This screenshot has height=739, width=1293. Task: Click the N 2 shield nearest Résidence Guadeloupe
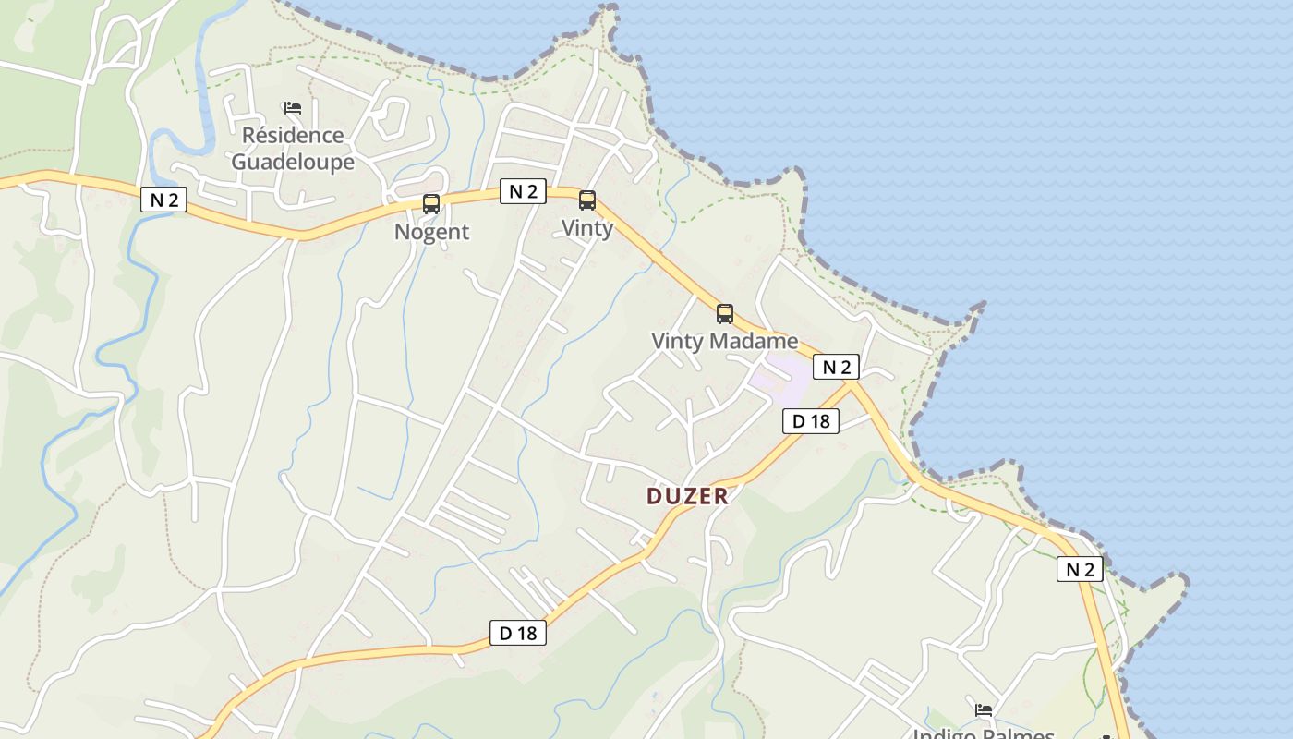coord(163,200)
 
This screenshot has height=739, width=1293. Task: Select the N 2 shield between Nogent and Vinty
coord(523,191)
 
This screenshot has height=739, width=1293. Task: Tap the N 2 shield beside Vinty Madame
coord(836,367)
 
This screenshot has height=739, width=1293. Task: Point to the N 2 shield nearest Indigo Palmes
coord(1080,569)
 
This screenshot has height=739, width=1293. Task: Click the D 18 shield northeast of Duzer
coord(811,421)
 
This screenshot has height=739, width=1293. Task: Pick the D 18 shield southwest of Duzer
coord(517,633)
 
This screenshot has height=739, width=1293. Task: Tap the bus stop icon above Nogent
coord(431,204)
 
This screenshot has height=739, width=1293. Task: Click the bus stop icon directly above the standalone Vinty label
coord(587,200)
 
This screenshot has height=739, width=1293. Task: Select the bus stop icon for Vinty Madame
coord(725,314)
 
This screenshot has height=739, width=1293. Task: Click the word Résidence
coord(292,136)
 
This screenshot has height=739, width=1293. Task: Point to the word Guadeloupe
coord(292,162)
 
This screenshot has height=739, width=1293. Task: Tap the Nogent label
coord(431,232)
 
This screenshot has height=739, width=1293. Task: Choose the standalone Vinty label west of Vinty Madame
coord(587,228)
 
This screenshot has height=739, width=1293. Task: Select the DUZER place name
coord(687,496)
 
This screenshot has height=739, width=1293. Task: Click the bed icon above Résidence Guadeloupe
coord(293,108)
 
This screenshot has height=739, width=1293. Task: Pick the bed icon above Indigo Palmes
coord(984,709)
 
